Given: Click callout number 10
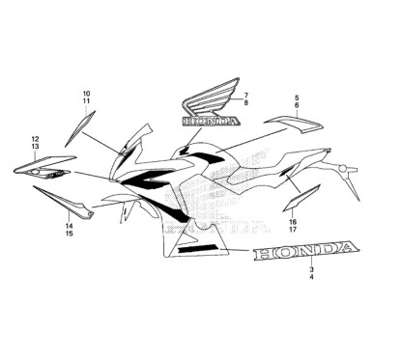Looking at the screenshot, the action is click(86, 93).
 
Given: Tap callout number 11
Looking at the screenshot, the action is click(86, 101).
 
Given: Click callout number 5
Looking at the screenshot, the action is click(297, 97).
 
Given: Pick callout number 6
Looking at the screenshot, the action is click(297, 106).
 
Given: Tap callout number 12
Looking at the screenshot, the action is click(35, 139).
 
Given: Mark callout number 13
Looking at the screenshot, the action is click(35, 148).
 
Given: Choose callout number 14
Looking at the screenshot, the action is click(69, 225).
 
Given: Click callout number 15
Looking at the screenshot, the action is click(69, 234).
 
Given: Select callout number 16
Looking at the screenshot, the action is click(291, 221).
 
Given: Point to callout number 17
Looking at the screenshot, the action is click(291, 230).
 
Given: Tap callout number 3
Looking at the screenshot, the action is click(311, 267).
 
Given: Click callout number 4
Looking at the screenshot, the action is click(311, 277).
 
